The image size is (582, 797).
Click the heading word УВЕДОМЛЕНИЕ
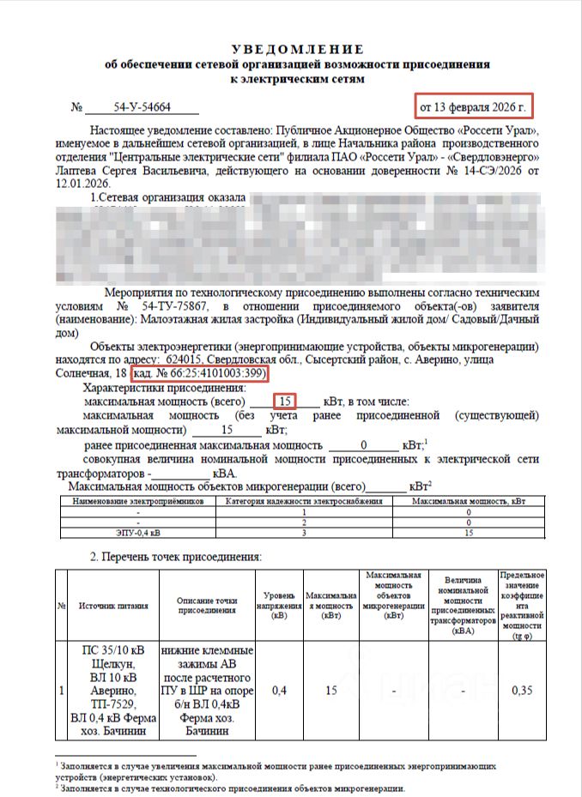(297, 49)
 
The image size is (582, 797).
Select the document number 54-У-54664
(142, 107)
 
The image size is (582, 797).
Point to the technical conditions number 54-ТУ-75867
(169, 305)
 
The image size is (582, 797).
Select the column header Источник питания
(113, 606)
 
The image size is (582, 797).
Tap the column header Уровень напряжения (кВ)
(279, 606)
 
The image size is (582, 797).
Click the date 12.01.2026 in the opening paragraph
(79, 184)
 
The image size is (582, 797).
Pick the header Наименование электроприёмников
(137, 500)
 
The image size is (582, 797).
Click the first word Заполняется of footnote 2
(88, 788)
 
